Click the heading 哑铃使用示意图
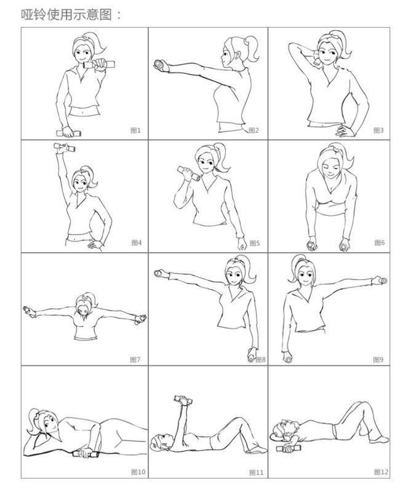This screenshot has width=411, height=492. coord(66,14)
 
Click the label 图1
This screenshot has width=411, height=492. coord(135,130)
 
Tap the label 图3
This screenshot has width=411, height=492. coord(378,130)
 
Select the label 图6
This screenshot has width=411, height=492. coord(379,242)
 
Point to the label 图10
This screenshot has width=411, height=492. coord(138,472)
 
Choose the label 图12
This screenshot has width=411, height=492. coord(381,472)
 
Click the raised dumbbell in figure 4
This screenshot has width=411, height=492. coord(65,147)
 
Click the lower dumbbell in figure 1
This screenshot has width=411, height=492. coord(69,133)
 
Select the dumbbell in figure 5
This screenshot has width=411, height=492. coord(188,173)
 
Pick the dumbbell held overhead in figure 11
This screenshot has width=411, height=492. coord(183,400)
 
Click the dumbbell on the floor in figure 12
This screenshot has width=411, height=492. coord(289,449)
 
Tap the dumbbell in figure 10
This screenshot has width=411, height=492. coord(86,454)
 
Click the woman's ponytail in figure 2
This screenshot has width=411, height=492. coord(252,48)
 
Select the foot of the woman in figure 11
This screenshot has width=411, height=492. coord(255,450)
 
